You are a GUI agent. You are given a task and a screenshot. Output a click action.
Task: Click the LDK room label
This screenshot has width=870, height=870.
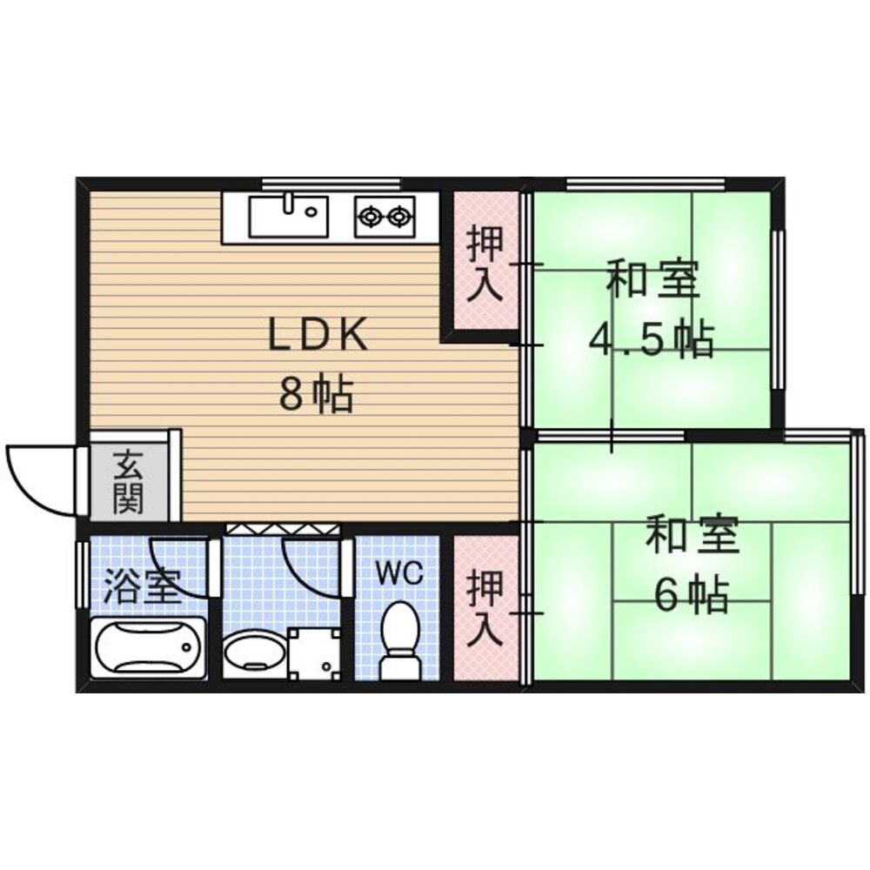318,334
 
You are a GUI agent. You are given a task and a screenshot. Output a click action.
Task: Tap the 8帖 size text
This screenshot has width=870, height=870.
316,393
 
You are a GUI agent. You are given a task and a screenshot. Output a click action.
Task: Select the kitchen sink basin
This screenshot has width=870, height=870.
288,217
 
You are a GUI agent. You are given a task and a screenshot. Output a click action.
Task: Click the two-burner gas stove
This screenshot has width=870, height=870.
385,217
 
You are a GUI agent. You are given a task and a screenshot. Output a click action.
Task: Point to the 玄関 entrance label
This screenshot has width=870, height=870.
129,482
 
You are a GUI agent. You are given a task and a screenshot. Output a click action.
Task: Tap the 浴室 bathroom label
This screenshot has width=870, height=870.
143,585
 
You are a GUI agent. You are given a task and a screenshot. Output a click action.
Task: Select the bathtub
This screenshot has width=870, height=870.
148,647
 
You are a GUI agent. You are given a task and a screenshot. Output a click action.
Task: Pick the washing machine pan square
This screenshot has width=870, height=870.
313,652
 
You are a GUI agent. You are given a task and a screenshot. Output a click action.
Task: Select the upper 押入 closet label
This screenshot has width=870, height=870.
485,264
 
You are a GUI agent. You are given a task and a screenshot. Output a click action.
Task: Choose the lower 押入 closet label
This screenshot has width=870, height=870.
485,610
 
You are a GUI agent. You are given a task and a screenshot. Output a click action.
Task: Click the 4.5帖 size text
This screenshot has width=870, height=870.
650,339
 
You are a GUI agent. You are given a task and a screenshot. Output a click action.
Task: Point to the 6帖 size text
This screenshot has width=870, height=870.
691,594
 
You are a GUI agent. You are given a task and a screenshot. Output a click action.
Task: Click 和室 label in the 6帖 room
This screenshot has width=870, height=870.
692,535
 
